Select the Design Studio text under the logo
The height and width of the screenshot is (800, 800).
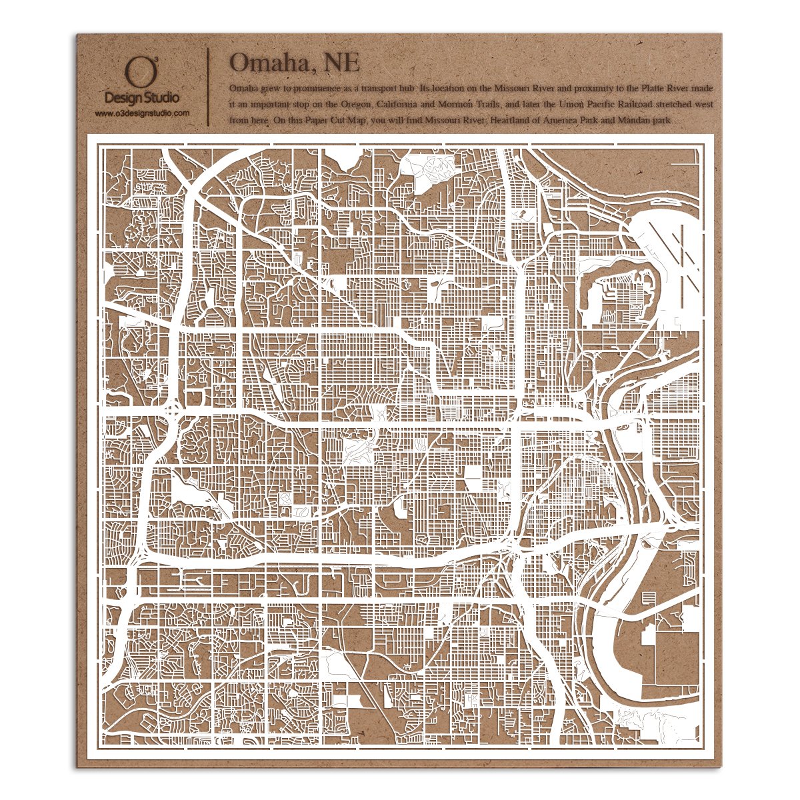[141, 98]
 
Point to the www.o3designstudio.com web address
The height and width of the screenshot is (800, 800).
[141, 114]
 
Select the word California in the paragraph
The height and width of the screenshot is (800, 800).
[398, 105]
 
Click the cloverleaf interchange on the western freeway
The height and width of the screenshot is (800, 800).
[173, 409]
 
